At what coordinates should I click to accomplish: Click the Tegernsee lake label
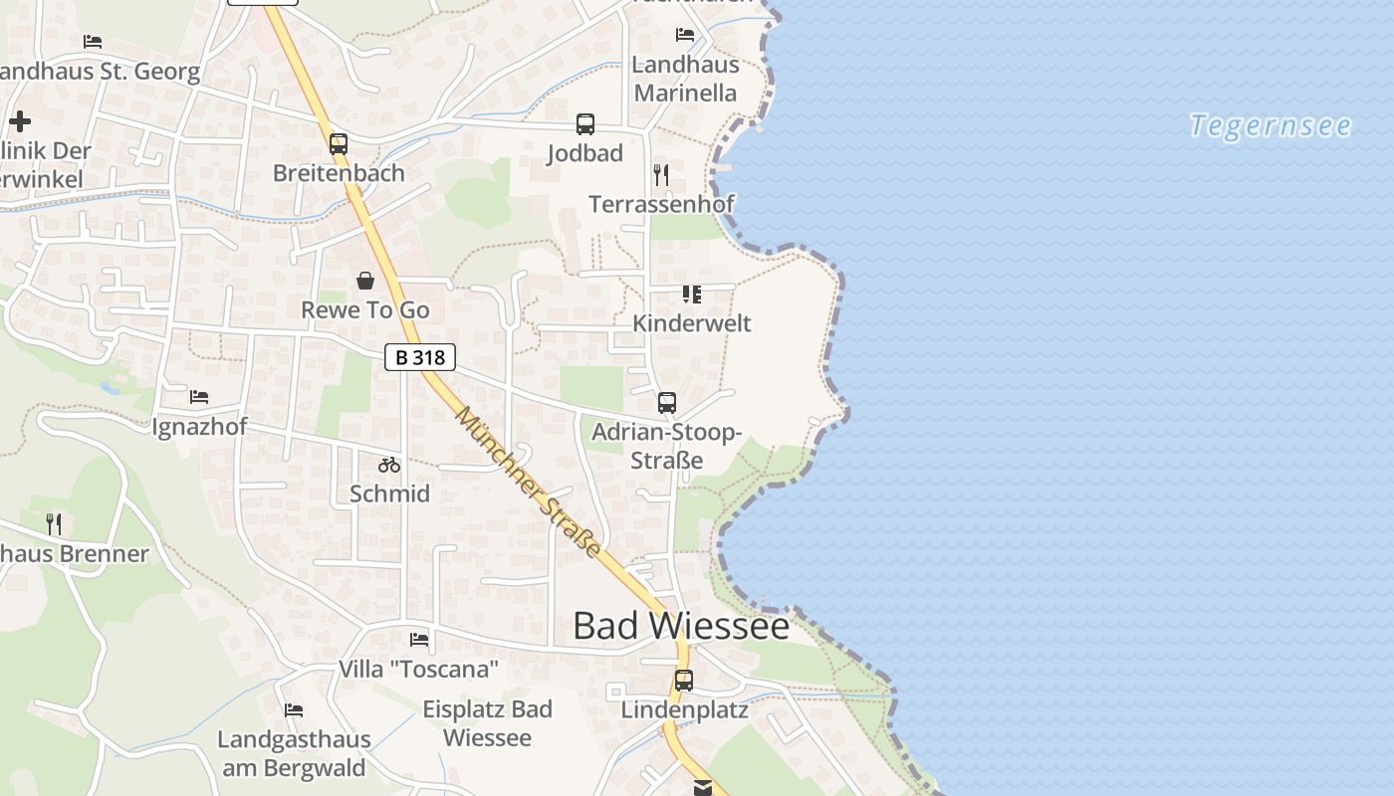point(1271,126)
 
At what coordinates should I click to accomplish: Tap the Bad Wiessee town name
point(681,626)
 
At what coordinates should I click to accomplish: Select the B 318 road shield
point(420,357)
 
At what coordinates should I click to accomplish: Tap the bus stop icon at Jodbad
point(585,124)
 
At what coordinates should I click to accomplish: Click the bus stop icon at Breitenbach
point(339,143)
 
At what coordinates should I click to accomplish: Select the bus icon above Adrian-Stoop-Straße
point(667,403)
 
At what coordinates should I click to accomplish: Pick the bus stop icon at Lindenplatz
point(684,681)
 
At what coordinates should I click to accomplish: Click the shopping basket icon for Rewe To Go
point(365,281)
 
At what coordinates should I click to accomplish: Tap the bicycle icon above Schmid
point(389,465)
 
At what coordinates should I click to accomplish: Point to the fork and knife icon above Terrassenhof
point(661,175)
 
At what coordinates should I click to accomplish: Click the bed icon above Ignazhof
point(199,397)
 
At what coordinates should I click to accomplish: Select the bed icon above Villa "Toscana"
point(419,639)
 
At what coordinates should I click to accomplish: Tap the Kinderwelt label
point(692,323)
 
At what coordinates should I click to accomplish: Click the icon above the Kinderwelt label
point(692,295)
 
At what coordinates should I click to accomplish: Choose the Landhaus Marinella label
point(686,79)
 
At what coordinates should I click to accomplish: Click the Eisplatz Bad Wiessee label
point(487,723)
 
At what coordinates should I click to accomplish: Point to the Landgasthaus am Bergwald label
point(294,753)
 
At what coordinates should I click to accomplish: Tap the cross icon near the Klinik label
point(20,121)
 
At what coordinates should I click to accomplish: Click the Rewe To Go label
point(365,310)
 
